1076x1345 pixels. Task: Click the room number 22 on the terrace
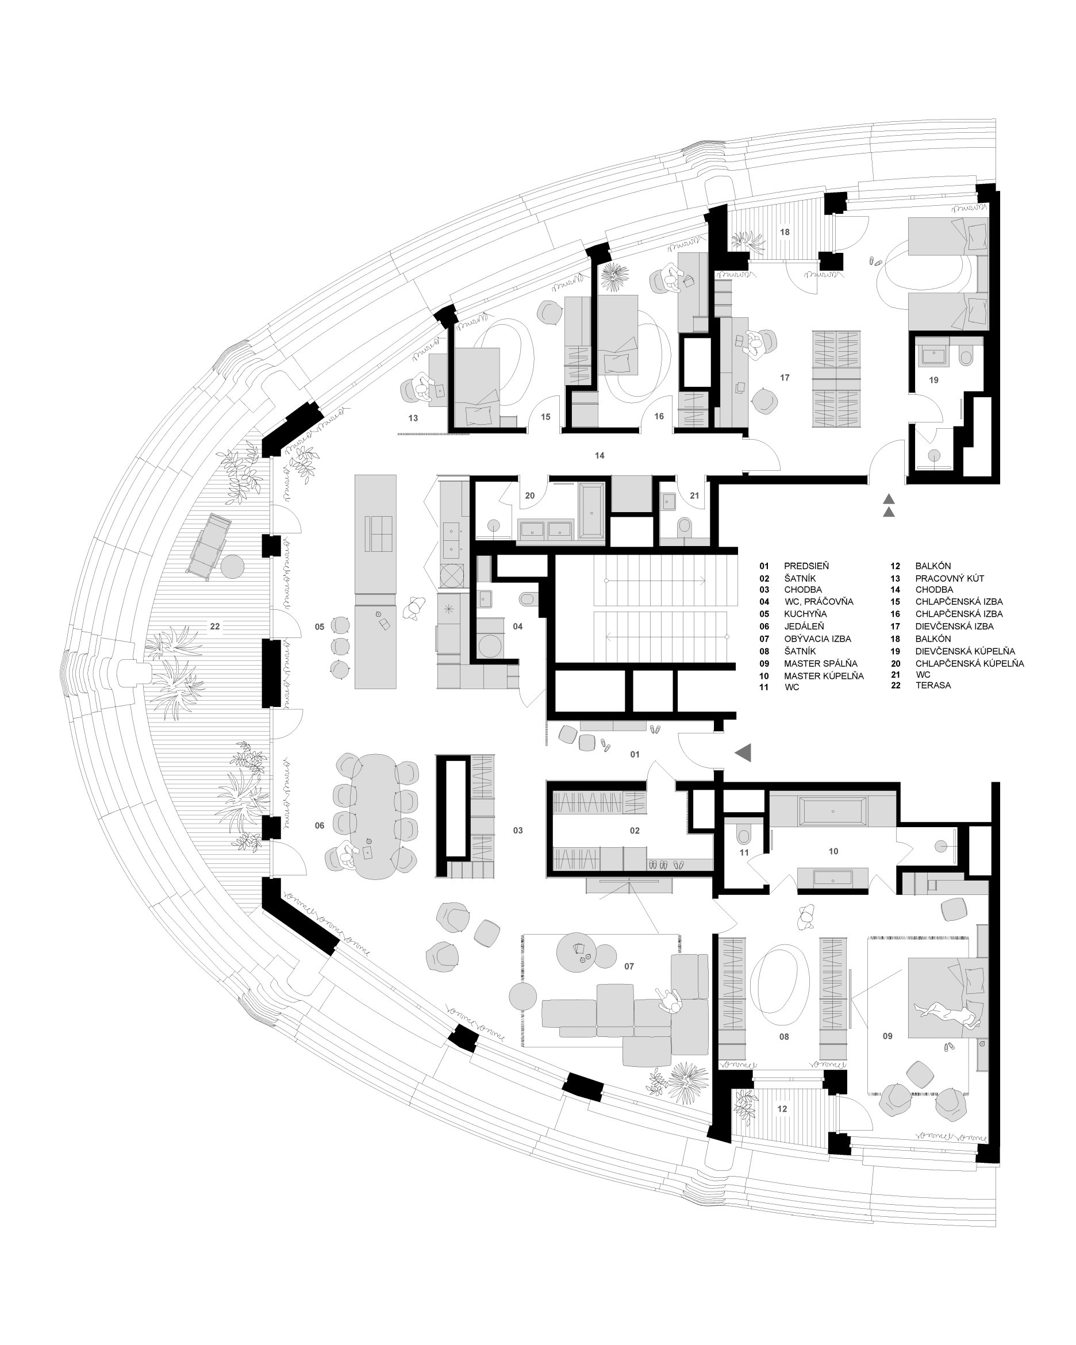(x=214, y=627)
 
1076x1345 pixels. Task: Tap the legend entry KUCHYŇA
(x=805, y=614)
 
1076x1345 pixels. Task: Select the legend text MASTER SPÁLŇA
(x=820, y=664)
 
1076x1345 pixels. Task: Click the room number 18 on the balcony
(x=785, y=232)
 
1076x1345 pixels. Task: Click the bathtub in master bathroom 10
(x=832, y=812)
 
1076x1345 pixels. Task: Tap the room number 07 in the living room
(x=629, y=966)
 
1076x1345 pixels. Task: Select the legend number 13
(x=895, y=578)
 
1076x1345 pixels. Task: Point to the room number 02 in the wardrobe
(x=635, y=831)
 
